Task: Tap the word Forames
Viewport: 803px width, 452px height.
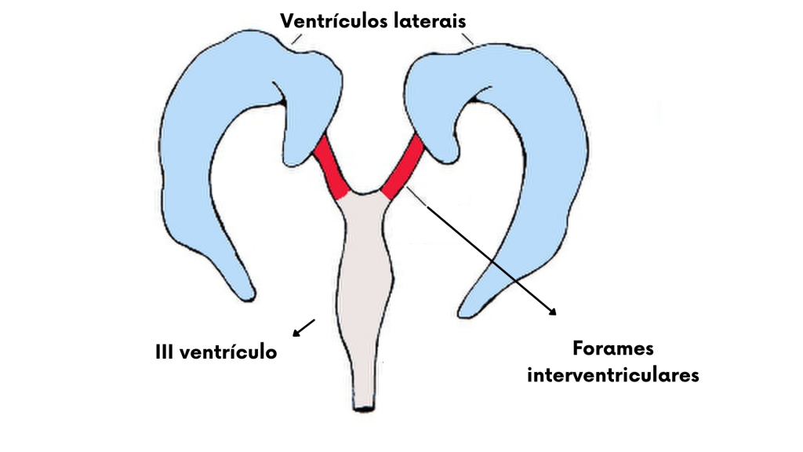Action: click(x=612, y=348)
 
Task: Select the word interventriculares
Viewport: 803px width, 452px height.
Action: click(x=612, y=375)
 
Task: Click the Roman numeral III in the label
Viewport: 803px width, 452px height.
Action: click(x=165, y=352)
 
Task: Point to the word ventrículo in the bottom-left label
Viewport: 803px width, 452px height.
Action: click(x=228, y=352)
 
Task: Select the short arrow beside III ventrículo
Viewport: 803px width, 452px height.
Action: click(x=303, y=328)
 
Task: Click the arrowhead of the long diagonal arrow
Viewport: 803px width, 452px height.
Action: click(x=553, y=311)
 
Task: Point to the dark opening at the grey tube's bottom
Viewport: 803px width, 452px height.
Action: click(x=365, y=408)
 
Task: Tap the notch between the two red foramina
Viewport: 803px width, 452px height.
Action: click(x=365, y=191)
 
